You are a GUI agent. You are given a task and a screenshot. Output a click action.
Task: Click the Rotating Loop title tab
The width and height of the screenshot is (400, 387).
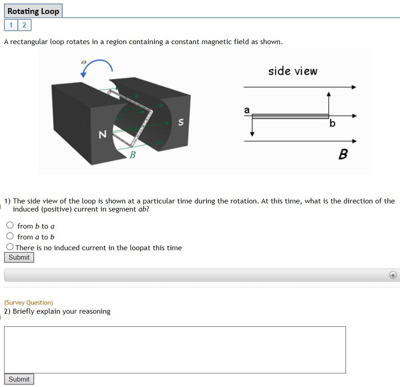[x=33, y=11]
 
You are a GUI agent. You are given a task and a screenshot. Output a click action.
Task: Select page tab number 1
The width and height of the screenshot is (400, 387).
[x=11, y=25]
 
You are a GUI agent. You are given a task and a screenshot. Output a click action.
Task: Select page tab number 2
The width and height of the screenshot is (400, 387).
[x=24, y=25]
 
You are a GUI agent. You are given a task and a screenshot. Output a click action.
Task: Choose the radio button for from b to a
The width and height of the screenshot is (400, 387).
[x=10, y=225]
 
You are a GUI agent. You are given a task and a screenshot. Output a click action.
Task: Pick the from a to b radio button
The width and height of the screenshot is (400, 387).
[x=10, y=236]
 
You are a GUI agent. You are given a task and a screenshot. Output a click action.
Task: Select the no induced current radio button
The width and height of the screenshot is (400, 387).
[x=10, y=247]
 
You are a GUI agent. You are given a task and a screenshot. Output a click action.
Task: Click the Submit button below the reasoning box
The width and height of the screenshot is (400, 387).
[x=19, y=379]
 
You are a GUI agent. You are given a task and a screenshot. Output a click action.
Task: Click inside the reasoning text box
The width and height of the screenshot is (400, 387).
[x=175, y=350]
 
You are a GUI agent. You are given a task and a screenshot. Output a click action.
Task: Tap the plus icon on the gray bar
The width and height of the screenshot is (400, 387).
[x=393, y=275]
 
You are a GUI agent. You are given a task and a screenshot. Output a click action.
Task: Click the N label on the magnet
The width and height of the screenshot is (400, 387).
[x=102, y=134]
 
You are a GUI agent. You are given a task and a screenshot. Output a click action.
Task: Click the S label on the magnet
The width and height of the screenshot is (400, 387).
[x=180, y=122]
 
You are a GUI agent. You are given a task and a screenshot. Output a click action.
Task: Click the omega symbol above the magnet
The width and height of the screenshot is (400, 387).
[x=84, y=62]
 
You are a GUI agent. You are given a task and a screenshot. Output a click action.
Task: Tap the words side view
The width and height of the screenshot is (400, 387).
[x=292, y=71]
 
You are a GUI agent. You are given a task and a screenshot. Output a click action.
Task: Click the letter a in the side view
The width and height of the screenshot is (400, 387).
[x=246, y=110]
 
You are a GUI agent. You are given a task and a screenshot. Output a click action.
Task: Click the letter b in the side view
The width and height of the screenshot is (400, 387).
[x=332, y=123]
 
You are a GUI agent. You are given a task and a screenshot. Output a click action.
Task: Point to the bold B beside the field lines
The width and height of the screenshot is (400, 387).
[x=342, y=155]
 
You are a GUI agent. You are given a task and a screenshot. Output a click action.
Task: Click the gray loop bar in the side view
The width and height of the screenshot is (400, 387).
[x=290, y=117]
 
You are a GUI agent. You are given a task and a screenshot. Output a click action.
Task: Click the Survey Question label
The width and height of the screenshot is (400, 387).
[x=28, y=302]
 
